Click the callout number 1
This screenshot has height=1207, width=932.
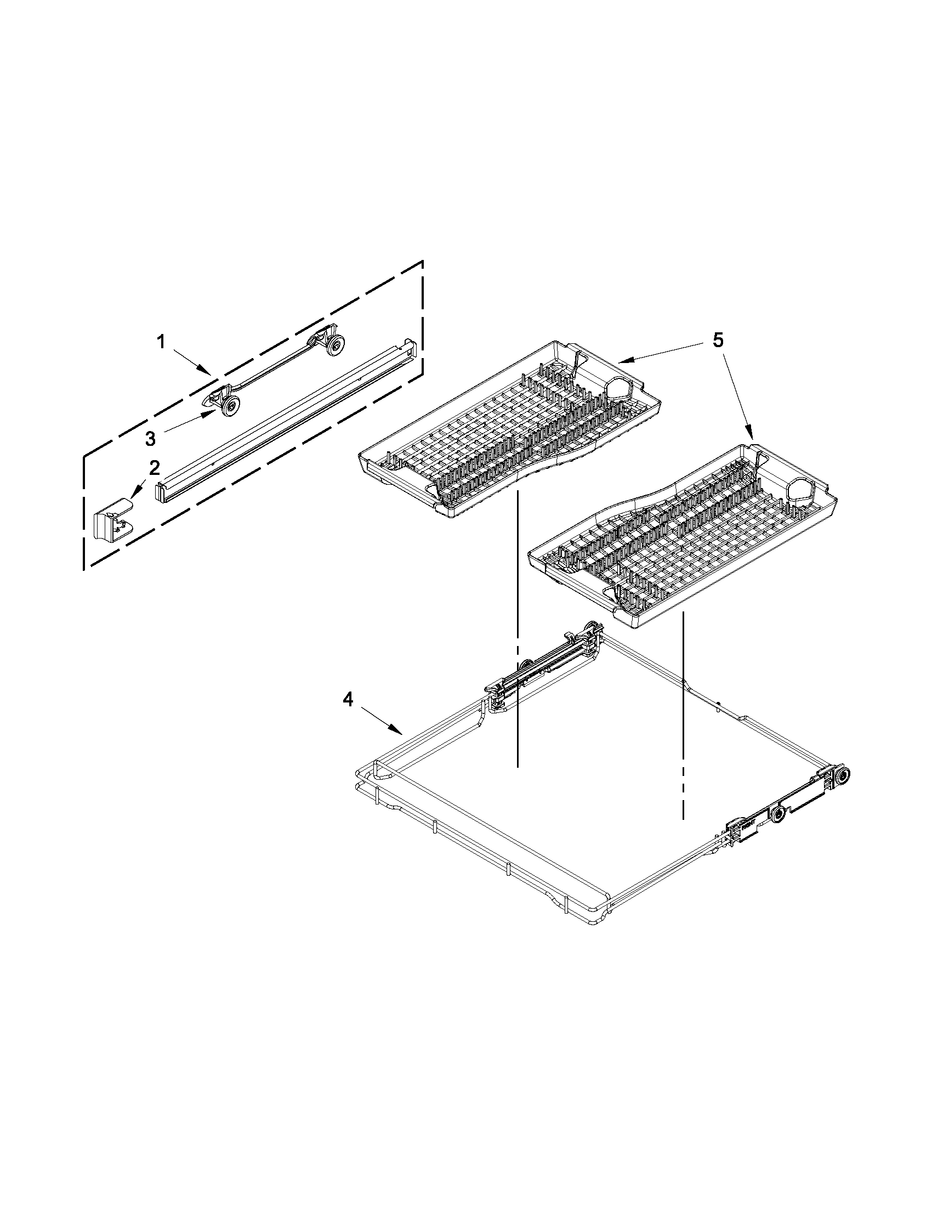(161, 343)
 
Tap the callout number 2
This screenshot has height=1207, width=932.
(155, 468)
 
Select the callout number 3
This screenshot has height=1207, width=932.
(150, 439)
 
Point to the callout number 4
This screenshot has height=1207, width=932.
(347, 700)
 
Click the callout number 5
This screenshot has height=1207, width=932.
(717, 341)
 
